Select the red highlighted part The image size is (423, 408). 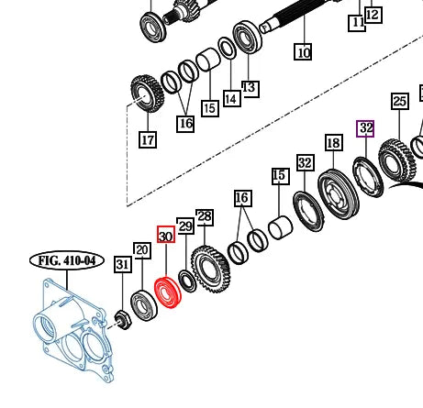pos(168,292)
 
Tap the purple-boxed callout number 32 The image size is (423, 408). pos(365,128)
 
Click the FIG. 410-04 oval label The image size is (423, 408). pos(67,260)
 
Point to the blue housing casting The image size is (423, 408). pos(73,330)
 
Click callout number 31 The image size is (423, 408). pos(123,264)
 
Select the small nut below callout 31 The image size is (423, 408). pos(123,320)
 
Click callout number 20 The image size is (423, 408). pos(142,250)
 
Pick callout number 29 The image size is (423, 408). pos(185,226)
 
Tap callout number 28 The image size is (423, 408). pos(205,217)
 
